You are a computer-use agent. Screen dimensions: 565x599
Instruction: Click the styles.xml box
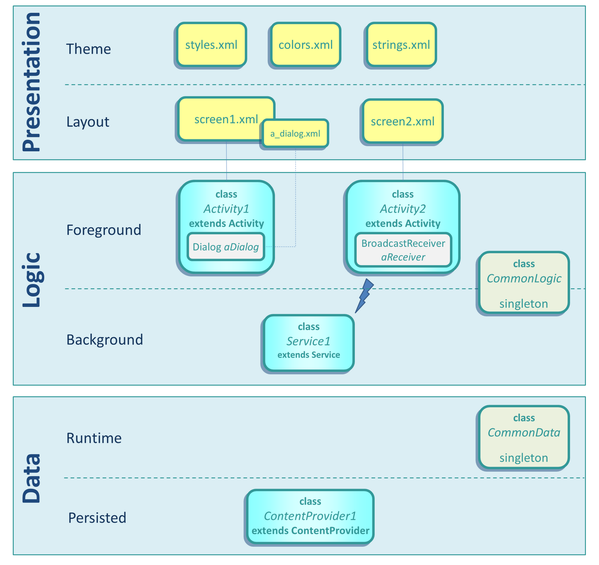pos(212,45)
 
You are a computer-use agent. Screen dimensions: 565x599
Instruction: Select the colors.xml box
pos(306,45)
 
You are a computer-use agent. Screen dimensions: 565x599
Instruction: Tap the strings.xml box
pos(401,45)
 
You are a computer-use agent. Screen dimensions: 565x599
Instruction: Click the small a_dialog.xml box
pos(295,134)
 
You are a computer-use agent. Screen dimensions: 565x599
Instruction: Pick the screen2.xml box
pos(403,121)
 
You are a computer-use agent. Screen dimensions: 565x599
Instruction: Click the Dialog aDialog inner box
pos(226,247)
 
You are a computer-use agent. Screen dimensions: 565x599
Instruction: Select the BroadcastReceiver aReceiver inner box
pos(403,250)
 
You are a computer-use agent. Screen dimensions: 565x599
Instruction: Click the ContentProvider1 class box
pos(310,516)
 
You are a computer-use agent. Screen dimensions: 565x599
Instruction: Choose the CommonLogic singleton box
pos(524,283)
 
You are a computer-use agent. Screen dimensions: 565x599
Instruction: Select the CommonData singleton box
pos(524,437)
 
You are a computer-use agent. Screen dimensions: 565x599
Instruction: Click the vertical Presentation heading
pos(31,82)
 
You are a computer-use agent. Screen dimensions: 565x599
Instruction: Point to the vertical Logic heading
pos(31,280)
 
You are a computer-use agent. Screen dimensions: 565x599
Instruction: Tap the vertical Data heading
pos(31,478)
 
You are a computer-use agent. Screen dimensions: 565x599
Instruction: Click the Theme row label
pos(88,49)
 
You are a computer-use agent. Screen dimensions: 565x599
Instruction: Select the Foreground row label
pos(104,230)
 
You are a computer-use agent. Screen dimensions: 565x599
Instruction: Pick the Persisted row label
pos(97,518)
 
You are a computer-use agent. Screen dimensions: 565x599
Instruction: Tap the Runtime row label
pos(94,438)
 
